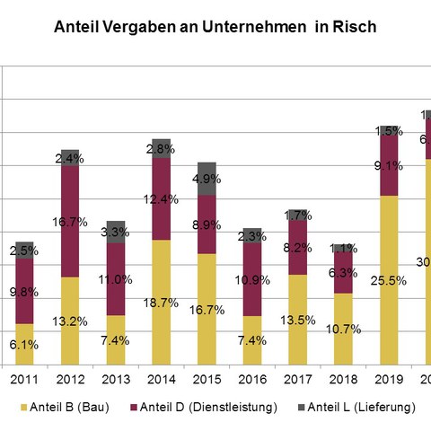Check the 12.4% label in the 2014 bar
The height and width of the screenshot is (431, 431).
click(x=162, y=198)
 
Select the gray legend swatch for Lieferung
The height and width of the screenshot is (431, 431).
click(x=301, y=408)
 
